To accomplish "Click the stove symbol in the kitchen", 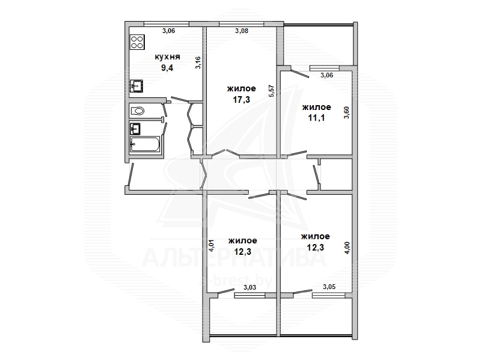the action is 138,42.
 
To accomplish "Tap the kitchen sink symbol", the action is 137,86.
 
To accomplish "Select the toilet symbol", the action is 138,111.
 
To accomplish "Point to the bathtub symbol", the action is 145,144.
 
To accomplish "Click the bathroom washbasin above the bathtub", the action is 135,129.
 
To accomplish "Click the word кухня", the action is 167,57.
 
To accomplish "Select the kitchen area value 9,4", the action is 167,68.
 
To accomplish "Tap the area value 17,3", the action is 242,99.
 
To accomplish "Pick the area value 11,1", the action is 317,117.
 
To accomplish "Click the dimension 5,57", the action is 272,91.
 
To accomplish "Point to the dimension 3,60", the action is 347,112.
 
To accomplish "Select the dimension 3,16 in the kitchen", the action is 198,63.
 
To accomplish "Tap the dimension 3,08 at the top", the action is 242,31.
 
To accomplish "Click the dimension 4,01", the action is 212,246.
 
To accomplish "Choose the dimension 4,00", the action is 347,248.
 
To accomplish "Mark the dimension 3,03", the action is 250,288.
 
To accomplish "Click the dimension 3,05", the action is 329,287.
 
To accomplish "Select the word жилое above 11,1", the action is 317,107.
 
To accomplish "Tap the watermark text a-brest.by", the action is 236,281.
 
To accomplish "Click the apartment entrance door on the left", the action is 130,174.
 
